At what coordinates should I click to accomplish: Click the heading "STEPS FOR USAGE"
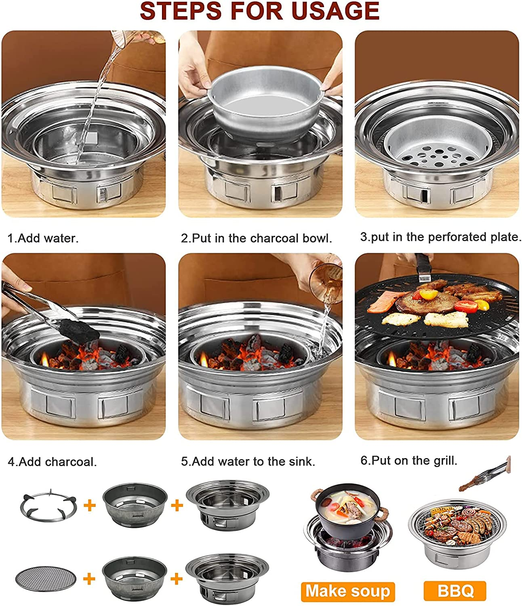(x=260, y=11)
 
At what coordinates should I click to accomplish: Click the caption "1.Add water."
(x=43, y=238)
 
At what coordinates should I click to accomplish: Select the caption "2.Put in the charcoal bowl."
(x=256, y=238)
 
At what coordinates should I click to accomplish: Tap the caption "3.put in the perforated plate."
(x=440, y=237)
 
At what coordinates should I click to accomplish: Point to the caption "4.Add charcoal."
(x=52, y=461)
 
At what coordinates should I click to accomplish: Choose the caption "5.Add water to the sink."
(x=248, y=461)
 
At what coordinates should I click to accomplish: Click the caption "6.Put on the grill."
(x=408, y=460)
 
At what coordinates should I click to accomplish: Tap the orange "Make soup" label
(x=347, y=591)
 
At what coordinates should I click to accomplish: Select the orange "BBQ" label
(x=455, y=591)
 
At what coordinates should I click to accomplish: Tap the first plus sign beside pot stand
(x=90, y=505)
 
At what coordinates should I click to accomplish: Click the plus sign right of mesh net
(x=89, y=579)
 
